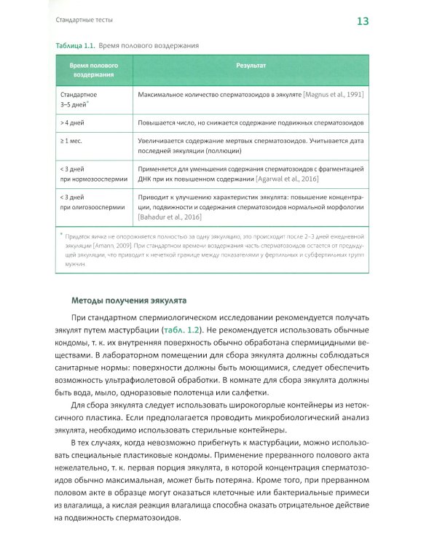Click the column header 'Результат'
click(x=251, y=66)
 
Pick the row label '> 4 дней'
click(x=72, y=123)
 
